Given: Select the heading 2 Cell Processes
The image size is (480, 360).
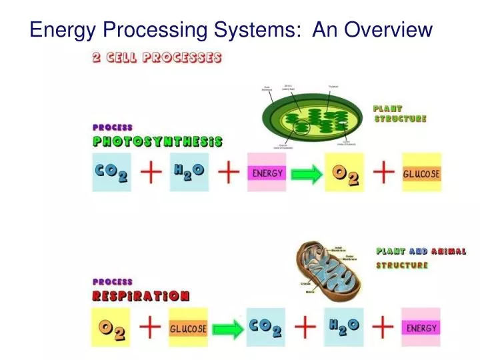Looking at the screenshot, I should pos(157,57).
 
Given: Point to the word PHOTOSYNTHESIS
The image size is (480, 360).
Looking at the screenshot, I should pos(157,142).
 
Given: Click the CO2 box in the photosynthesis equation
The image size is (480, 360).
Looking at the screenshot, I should pos(111,172).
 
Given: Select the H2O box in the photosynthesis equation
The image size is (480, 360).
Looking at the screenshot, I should pos(189,172).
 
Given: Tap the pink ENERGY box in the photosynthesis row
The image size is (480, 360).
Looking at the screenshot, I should pos(267,173).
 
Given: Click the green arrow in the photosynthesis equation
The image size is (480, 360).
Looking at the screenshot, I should pos(305,174).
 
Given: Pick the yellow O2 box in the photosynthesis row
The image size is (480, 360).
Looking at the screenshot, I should pos(345,173).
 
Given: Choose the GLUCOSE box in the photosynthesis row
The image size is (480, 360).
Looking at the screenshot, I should pos(421,173).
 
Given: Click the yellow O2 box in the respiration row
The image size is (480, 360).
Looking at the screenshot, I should pos(111,327).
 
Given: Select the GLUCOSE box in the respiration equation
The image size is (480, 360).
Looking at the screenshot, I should pos(188,329).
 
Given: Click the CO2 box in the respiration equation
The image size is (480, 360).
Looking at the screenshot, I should pos(266,327).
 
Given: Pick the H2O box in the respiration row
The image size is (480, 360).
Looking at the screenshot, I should pos(344,327).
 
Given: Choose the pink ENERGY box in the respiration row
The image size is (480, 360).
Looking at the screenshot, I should pos(421,327).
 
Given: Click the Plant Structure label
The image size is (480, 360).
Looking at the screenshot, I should pos(399,113).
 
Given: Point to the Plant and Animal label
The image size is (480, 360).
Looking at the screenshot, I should pos(421,251).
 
